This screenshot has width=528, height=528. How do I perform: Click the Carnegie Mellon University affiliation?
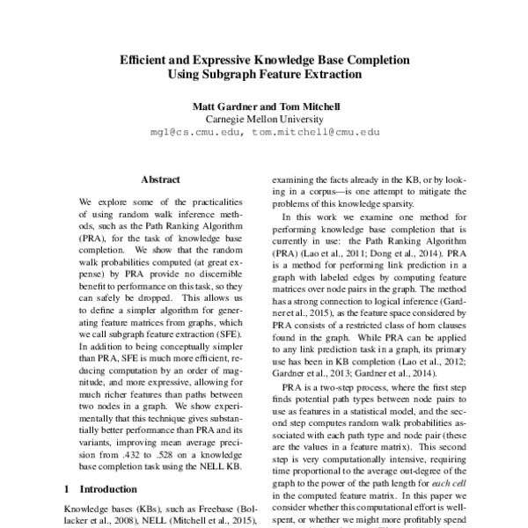click(x=263, y=119)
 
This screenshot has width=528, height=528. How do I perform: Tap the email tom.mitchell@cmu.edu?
click(x=315, y=131)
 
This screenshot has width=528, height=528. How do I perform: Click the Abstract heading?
click(x=160, y=180)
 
